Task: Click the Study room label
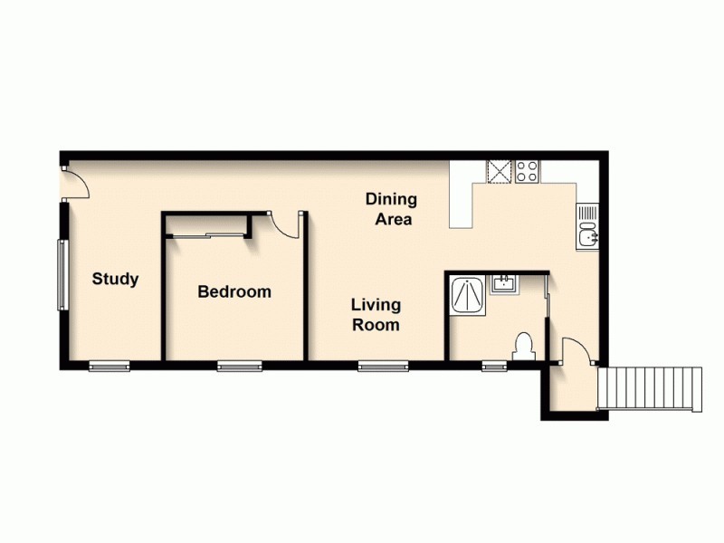point(115,279)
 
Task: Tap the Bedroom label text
point(234,292)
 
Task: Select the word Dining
point(391,199)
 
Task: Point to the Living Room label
point(376,315)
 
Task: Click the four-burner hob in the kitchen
point(528,171)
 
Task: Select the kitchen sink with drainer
point(587,227)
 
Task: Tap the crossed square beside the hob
point(500,171)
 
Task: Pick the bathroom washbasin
point(503,285)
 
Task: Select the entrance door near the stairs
point(574,352)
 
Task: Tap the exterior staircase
point(650,388)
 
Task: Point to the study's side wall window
point(62,273)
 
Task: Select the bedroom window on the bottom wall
point(239,366)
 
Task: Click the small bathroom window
point(494,366)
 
